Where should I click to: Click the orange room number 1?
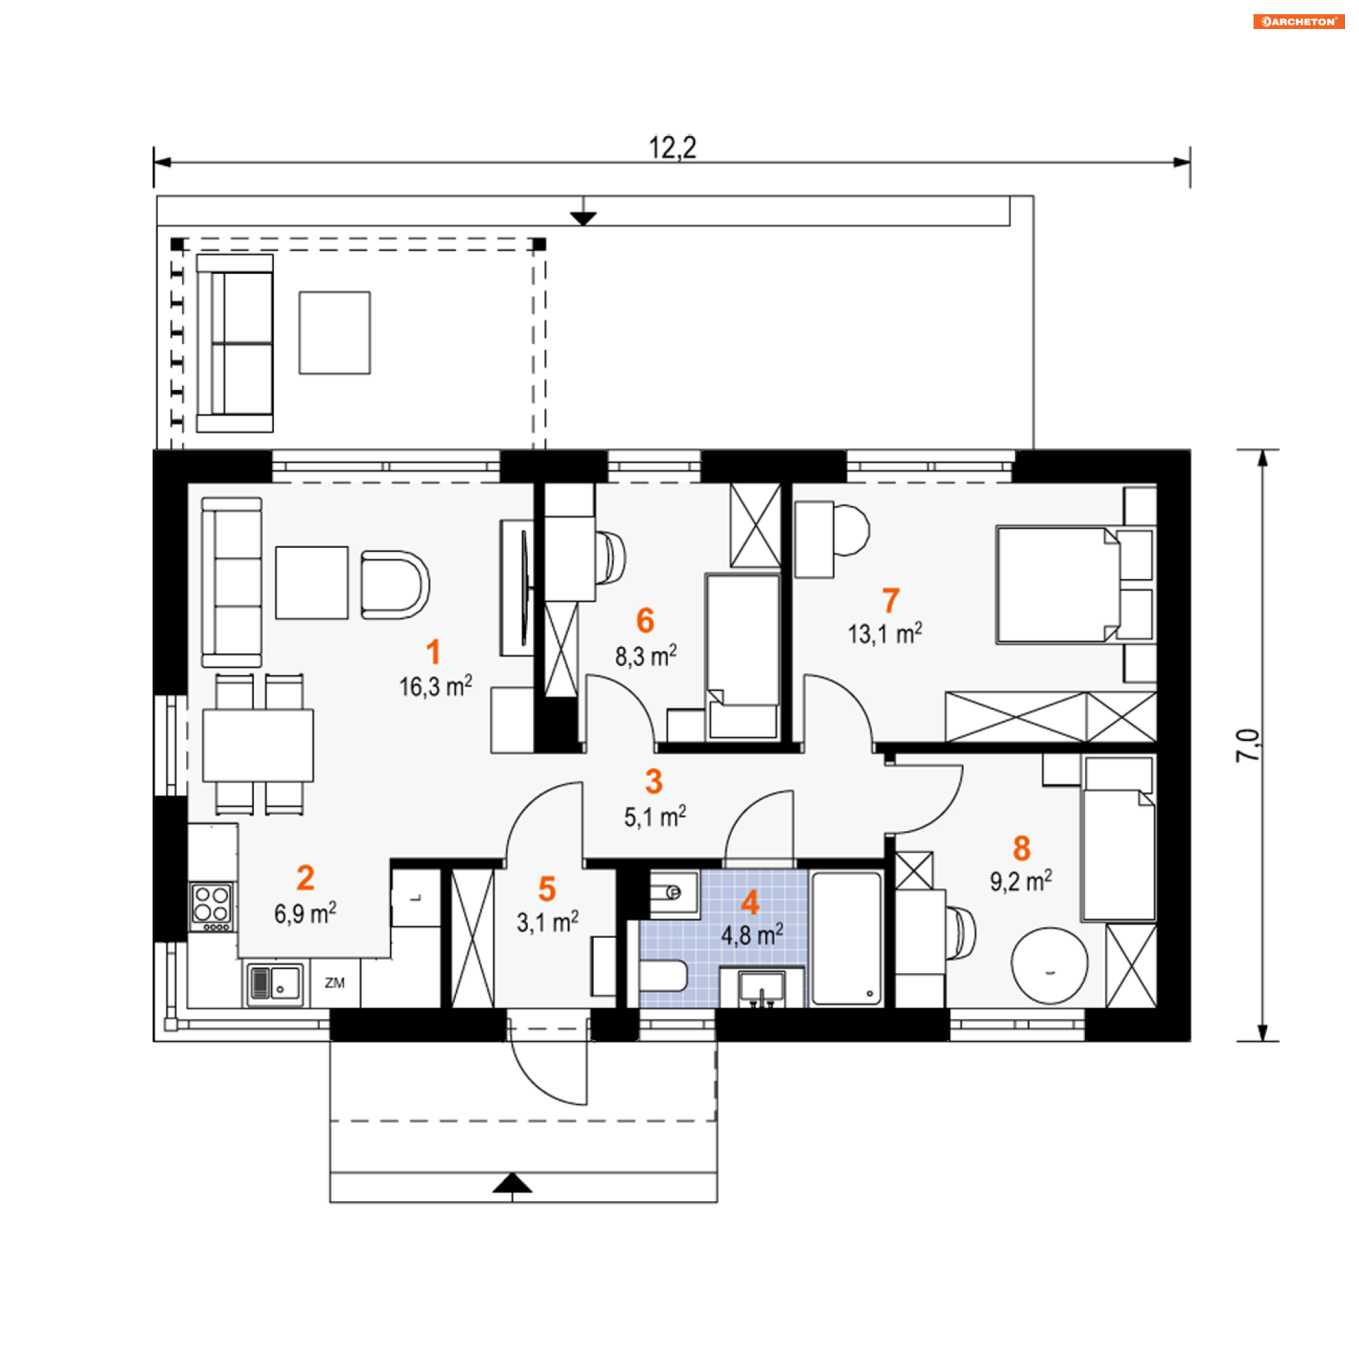tap(433, 652)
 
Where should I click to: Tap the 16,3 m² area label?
tap(435, 686)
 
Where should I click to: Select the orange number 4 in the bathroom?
tap(750, 902)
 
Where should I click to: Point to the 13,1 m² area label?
tap(885, 633)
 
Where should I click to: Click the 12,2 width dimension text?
tap(672, 147)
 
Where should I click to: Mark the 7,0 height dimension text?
tap(1248, 745)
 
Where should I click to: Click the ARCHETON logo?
tap(1298, 21)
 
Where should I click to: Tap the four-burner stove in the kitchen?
tap(212, 907)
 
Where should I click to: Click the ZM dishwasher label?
tap(335, 982)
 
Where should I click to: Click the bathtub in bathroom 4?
tap(846, 938)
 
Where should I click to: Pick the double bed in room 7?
tap(1058, 585)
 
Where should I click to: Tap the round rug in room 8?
tap(1049, 965)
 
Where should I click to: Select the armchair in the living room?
tap(394, 585)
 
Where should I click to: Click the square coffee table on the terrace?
tap(334, 332)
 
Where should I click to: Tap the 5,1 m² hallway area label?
tap(655, 817)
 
